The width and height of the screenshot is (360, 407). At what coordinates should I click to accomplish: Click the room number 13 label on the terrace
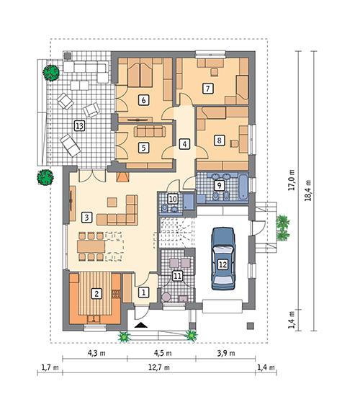(x=79, y=125)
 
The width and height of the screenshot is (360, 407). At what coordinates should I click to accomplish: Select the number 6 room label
(x=144, y=99)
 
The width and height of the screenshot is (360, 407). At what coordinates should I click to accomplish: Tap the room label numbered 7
(x=207, y=89)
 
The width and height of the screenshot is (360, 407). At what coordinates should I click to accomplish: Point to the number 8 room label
(x=219, y=141)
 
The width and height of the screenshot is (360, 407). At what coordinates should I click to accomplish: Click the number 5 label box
(x=143, y=147)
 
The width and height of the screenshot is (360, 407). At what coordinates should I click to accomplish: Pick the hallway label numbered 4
(x=184, y=143)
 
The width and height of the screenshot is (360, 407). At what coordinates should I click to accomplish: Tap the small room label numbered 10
(x=173, y=199)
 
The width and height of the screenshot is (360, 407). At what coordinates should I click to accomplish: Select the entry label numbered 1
(x=143, y=292)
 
